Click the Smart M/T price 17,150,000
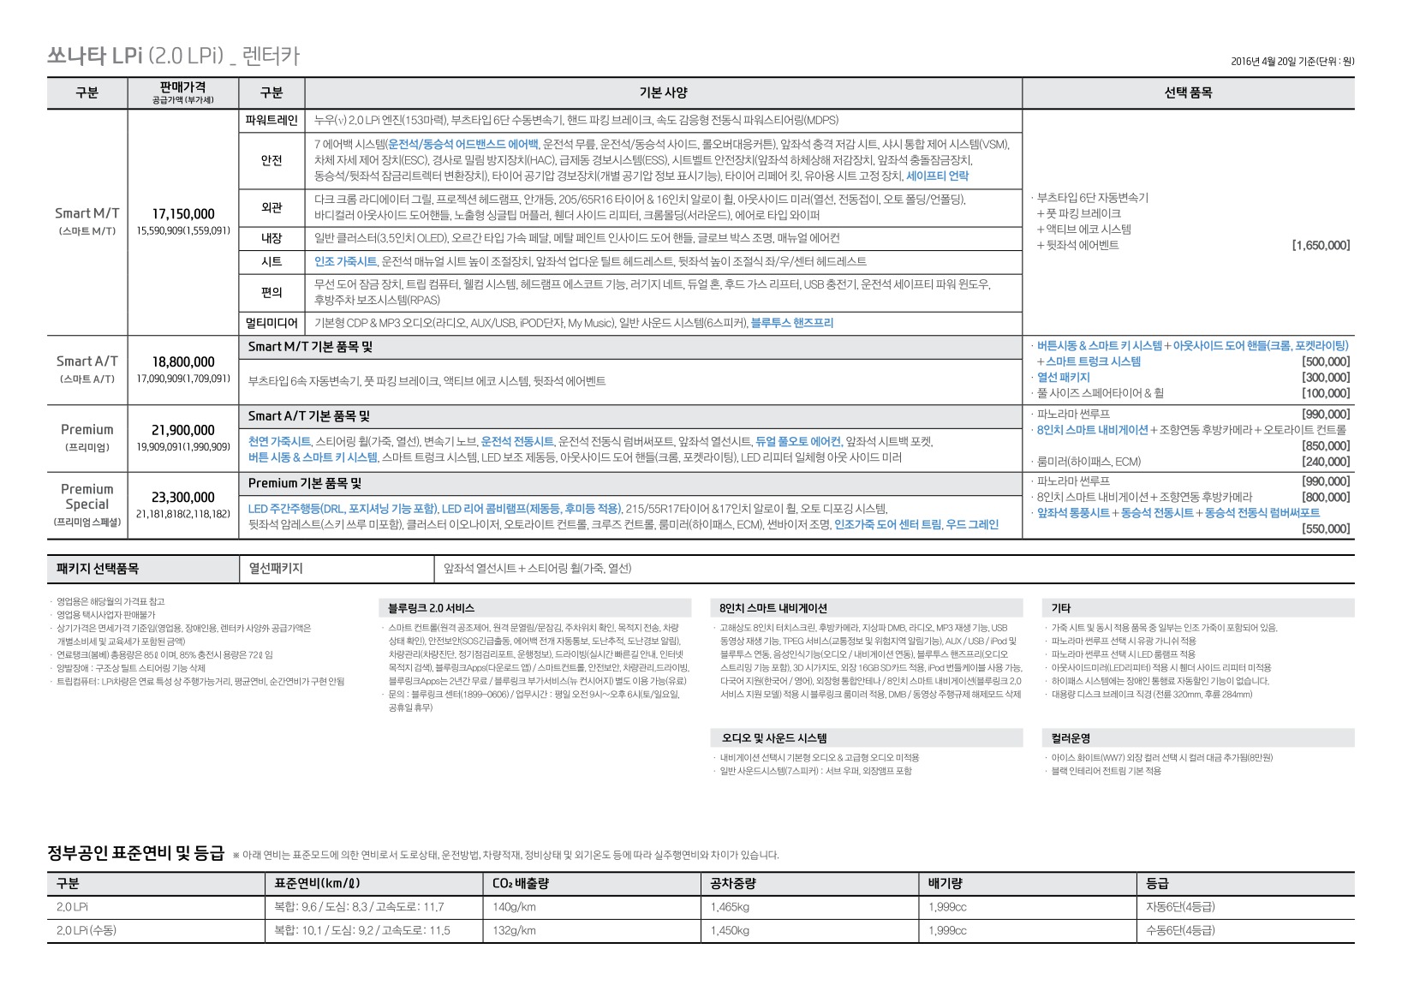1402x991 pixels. [183, 214]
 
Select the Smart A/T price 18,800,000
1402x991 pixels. [183, 362]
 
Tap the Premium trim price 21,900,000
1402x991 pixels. [183, 430]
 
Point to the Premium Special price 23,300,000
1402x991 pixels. [183, 498]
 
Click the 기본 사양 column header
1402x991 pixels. [663, 93]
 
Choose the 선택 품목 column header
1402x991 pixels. [1188, 93]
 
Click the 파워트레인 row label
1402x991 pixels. [271, 121]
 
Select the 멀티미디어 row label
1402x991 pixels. [271, 323]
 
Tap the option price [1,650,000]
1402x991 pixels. [1321, 246]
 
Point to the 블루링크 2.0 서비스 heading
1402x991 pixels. [431, 608]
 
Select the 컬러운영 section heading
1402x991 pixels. [1071, 738]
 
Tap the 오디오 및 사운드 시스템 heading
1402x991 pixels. [773, 738]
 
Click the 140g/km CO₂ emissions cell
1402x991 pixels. [514, 907]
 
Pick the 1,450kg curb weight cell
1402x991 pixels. [730, 930]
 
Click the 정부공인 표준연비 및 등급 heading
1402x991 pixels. [135, 853]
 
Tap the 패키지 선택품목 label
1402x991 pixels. [98, 569]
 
